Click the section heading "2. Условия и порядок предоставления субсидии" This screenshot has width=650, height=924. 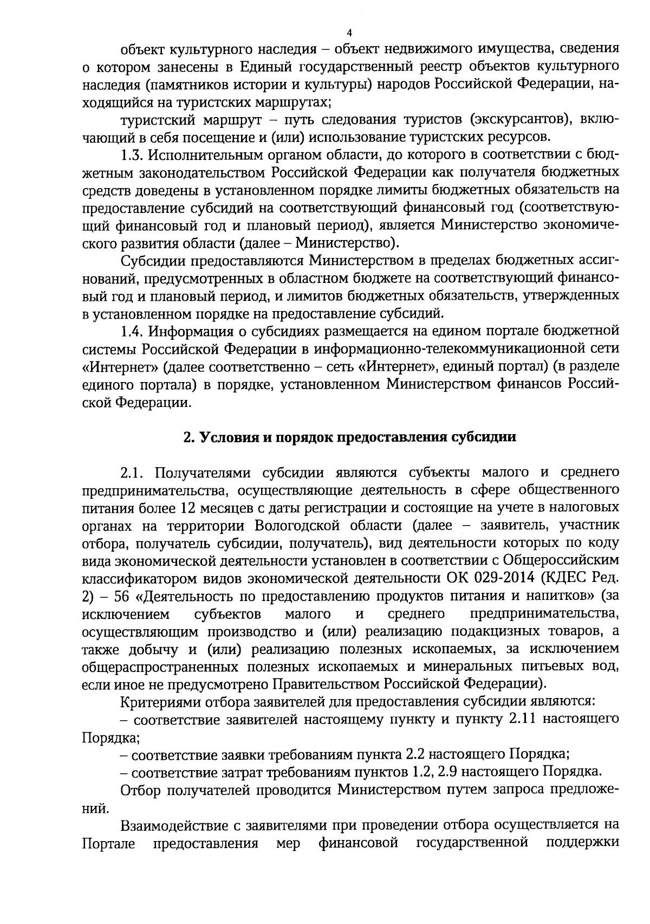click(349, 437)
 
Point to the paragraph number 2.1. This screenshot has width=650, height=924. click(133, 473)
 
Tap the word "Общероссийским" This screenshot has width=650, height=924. click(561, 561)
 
